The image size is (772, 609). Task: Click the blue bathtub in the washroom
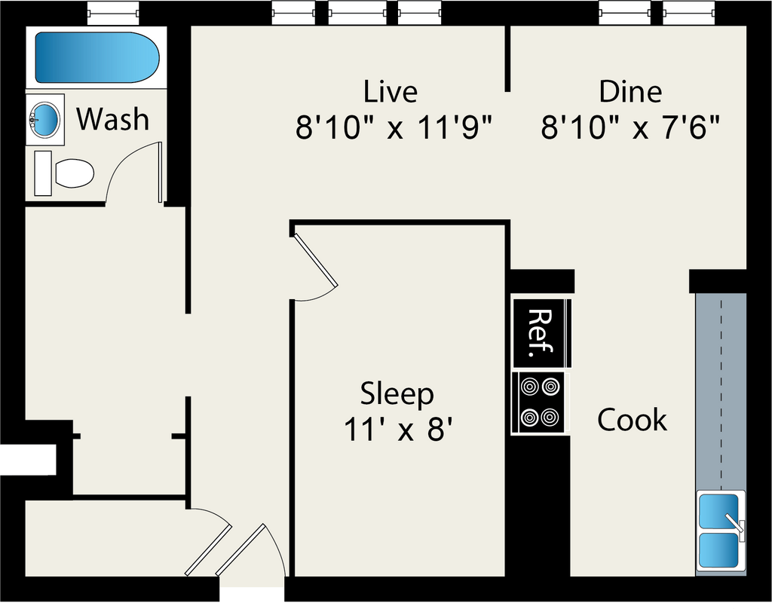(96, 58)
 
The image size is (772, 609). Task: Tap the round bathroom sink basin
(45, 119)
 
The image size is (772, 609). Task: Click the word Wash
(113, 119)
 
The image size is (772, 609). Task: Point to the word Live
(390, 92)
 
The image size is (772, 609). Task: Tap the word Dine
(630, 92)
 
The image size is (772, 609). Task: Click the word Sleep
(397, 393)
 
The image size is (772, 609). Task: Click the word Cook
(632, 420)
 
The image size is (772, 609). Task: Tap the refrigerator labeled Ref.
(540, 332)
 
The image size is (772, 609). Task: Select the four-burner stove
(541, 402)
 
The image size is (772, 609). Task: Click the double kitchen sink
(720, 532)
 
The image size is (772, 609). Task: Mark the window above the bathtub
(113, 12)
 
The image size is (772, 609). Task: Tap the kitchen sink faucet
(734, 523)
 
